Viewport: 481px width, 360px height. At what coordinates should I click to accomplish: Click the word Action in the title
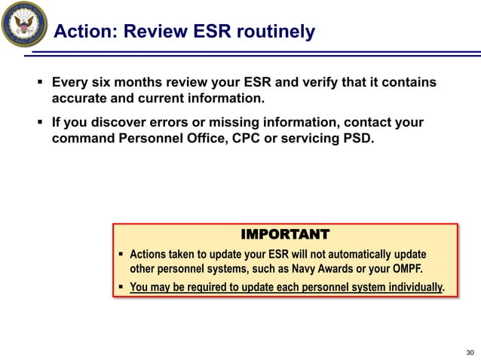(84, 32)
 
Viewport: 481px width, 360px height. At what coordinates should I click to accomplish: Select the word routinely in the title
(274, 32)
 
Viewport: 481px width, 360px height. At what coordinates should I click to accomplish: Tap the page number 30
(470, 352)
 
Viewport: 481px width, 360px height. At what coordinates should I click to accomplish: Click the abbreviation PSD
(357, 139)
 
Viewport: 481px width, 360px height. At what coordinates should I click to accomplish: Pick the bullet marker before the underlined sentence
(121, 287)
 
